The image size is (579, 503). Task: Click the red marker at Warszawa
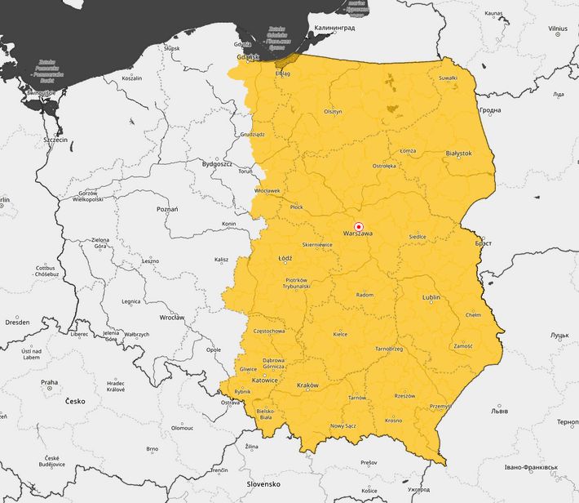pos(358,226)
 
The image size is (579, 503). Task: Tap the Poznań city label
pos(167,210)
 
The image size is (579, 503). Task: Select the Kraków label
pos(307,385)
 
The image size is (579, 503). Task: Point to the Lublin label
pos(431,298)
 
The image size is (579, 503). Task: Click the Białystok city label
pos(459,153)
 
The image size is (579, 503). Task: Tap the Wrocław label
pos(172,317)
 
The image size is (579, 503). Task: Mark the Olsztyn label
pos(333,112)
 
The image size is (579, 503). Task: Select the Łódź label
pos(285,258)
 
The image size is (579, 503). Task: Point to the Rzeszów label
pos(404,396)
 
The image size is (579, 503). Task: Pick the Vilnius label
pos(558,28)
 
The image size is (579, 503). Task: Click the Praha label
pos(50,382)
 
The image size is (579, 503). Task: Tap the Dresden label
pos(17,323)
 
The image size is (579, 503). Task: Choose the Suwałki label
pos(448,78)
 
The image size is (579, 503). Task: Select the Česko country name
pos(75,401)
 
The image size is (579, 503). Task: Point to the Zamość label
pos(463,346)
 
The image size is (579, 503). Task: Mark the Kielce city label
pos(341,334)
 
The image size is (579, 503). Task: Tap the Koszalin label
pos(131,78)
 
